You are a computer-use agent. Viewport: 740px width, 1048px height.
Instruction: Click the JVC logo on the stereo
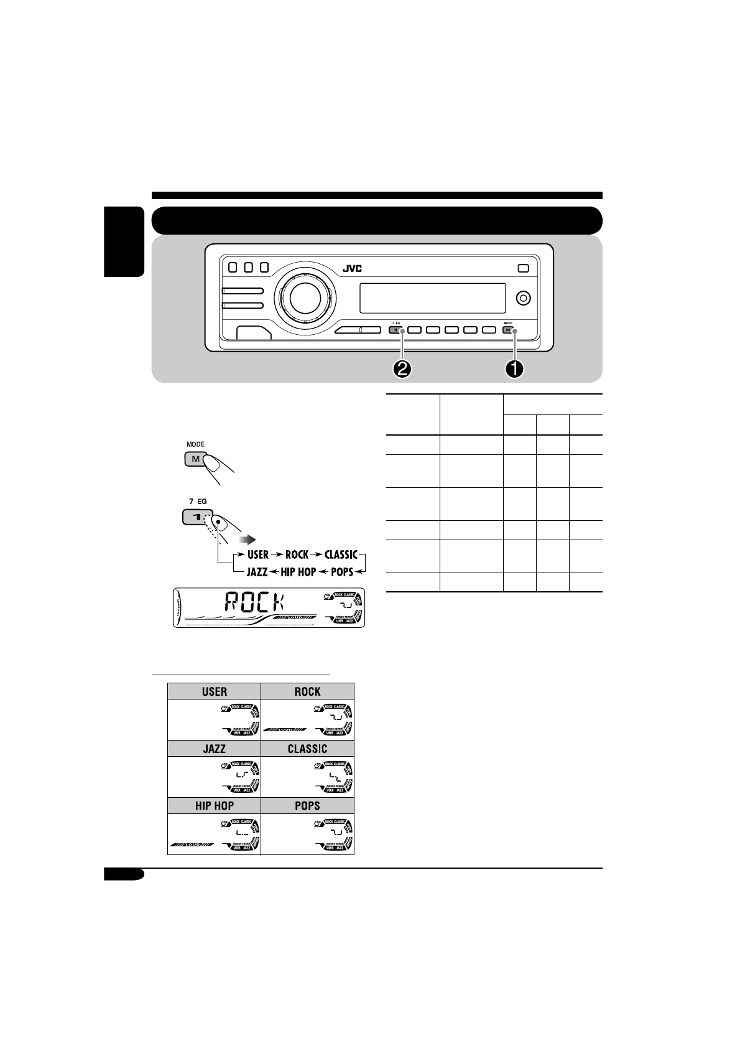(x=351, y=269)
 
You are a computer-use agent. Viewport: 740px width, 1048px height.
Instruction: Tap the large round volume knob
(x=302, y=298)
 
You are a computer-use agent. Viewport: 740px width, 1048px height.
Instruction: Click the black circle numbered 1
(x=514, y=368)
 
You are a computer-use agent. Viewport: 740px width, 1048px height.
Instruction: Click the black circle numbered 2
(x=402, y=368)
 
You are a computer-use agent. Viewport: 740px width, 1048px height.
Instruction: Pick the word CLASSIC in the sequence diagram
(x=341, y=554)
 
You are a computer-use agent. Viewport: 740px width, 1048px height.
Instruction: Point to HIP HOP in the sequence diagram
(x=298, y=571)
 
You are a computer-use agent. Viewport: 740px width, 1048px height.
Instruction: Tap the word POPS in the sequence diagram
(x=342, y=571)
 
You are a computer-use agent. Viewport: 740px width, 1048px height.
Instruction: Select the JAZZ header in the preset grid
(x=214, y=749)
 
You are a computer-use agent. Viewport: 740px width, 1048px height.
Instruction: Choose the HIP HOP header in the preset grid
(x=214, y=805)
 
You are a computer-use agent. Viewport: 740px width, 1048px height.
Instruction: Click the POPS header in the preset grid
(x=307, y=805)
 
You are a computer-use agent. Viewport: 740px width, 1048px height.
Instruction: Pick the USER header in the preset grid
(x=214, y=691)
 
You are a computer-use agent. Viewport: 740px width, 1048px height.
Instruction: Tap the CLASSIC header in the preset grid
(x=307, y=749)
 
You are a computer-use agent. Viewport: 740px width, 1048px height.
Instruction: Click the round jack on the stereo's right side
(x=524, y=298)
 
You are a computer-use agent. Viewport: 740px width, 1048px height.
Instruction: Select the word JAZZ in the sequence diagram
(x=257, y=571)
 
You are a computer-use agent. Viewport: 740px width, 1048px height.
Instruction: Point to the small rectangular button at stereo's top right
(x=523, y=268)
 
